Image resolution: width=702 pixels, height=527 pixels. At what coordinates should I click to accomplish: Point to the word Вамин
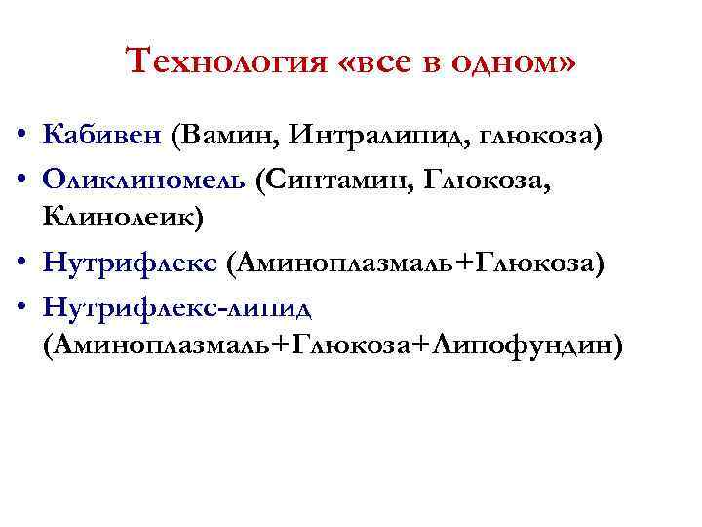coord(226,134)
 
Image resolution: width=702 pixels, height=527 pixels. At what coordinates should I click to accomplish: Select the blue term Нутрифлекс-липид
coord(176,309)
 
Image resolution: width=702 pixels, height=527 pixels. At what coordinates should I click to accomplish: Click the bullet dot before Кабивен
coord(20,135)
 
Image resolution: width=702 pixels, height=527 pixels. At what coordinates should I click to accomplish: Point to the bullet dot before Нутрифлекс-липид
coord(20,310)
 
